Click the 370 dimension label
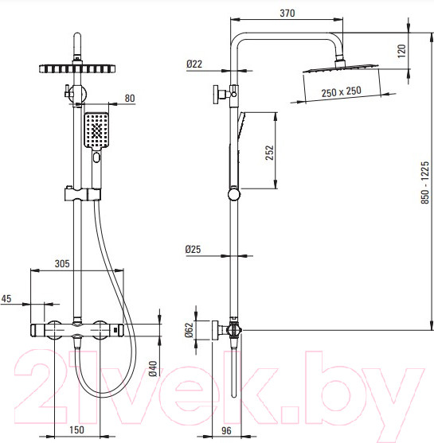pos(287,13)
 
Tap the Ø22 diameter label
pos(194,64)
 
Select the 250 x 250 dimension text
pos(341,91)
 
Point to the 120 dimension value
pos(401,51)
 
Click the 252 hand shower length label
pos(270,153)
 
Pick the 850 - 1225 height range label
pos(424,182)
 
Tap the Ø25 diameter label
pos(193,249)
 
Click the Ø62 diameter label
pos(189,330)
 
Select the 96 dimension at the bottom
pos(226,430)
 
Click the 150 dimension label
pos(76,429)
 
